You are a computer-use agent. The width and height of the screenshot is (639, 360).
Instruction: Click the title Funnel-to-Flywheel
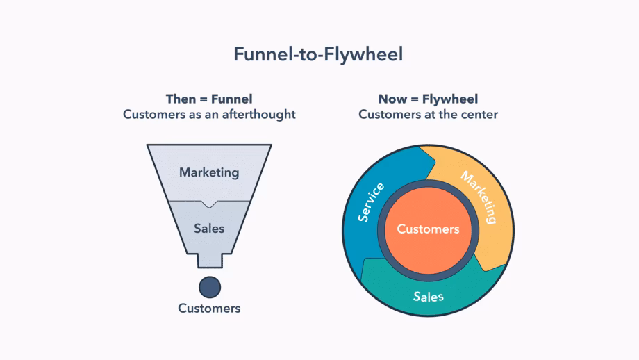(318, 54)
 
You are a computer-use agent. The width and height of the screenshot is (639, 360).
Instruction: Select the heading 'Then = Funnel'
(209, 99)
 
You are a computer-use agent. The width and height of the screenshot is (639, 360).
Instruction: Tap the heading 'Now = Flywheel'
(428, 99)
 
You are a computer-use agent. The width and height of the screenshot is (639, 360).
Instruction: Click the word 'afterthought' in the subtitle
(261, 114)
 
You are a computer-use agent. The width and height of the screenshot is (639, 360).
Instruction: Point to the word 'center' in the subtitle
(479, 114)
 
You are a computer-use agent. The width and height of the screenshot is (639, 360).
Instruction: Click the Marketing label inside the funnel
(209, 172)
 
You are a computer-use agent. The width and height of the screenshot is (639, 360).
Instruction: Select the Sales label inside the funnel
(209, 227)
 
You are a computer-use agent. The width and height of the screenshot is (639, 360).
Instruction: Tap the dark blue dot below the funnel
(209, 286)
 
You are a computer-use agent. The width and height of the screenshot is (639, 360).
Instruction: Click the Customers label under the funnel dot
(209, 308)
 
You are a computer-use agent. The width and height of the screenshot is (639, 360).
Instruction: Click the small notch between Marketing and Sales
(209, 203)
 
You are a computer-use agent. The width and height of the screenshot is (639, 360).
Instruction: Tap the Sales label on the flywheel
(428, 297)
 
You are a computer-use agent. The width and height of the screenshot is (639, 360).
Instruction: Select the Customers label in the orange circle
(428, 229)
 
